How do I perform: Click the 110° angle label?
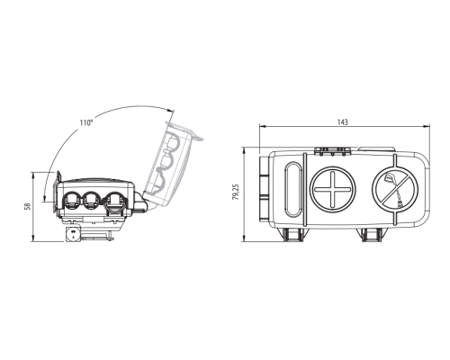[86, 122]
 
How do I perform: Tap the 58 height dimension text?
[28, 206]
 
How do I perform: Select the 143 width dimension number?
[343, 122]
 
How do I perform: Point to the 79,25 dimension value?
[237, 192]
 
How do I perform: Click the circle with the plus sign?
[332, 190]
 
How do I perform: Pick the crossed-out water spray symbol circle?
[395, 190]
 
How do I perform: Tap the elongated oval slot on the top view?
[293, 189]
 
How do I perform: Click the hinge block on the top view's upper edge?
[332, 151]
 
